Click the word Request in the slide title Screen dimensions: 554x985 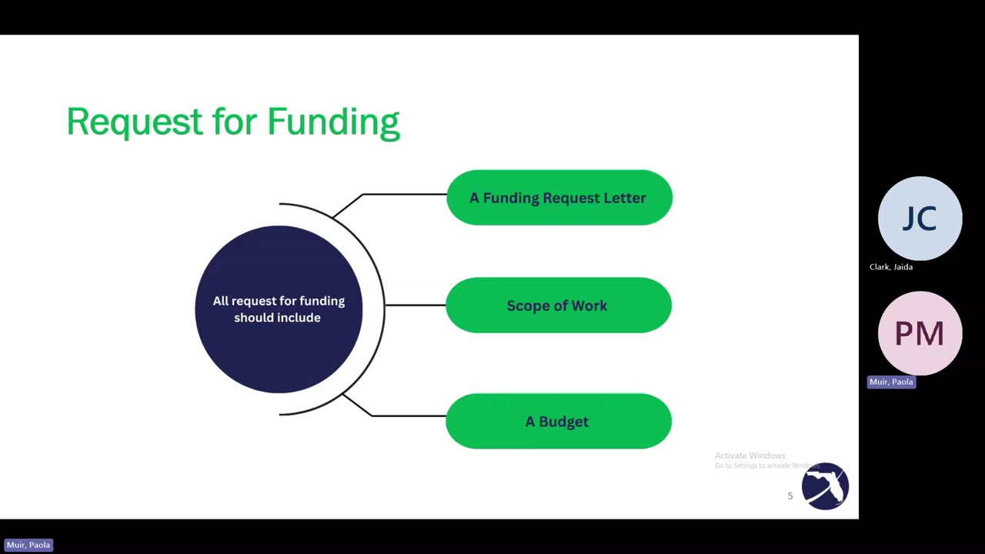[135, 122]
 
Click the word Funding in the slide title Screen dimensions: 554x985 [333, 122]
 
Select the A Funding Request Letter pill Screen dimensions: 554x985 [559, 198]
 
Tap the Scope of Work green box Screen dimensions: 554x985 [559, 305]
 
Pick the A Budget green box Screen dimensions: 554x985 [559, 422]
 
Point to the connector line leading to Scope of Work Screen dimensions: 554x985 [416, 305]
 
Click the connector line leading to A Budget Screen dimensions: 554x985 [408, 415]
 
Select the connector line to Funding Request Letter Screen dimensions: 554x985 [404, 195]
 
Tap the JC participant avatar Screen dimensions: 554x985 [920, 219]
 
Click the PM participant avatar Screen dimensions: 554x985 [920, 333]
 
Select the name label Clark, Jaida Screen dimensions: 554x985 [891, 267]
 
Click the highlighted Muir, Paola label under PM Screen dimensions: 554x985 [891, 382]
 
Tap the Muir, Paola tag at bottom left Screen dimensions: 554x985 [28, 545]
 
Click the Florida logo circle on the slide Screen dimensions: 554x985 [825, 486]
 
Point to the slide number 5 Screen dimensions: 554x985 [790, 496]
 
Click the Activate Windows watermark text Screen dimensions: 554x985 [750, 456]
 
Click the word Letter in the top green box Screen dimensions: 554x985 [624, 198]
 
